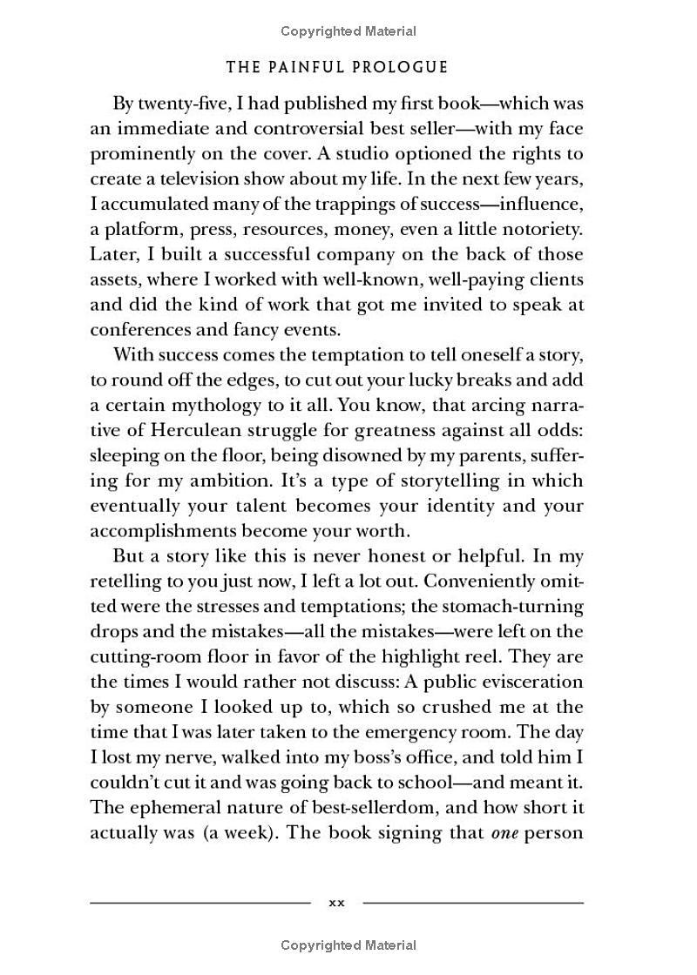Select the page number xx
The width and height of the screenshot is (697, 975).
[x=336, y=903]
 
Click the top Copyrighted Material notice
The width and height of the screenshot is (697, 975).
[x=348, y=31]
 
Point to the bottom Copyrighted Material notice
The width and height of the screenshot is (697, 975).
[x=348, y=945]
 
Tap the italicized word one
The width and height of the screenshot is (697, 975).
[x=504, y=832]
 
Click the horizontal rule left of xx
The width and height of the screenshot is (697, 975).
[x=200, y=903]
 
